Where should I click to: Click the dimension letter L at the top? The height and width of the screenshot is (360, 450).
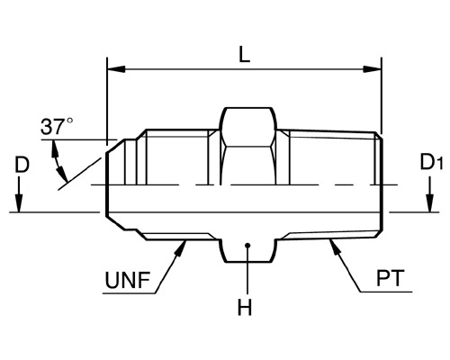click(x=244, y=55)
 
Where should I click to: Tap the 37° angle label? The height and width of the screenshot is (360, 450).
click(x=57, y=126)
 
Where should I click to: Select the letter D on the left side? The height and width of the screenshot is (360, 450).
click(x=22, y=166)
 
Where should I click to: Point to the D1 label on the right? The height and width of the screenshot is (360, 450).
click(x=431, y=163)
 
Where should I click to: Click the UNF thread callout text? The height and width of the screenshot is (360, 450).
click(x=128, y=281)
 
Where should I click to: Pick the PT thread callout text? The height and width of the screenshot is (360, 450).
click(x=390, y=278)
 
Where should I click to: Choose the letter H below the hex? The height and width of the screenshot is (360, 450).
click(x=245, y=308)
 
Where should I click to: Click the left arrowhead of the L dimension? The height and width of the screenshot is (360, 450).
click(x=116, y=69)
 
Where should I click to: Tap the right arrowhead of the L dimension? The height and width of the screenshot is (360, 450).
click(x=372, y=69)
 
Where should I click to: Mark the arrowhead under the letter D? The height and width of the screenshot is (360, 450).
click(x=19, y=203)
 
